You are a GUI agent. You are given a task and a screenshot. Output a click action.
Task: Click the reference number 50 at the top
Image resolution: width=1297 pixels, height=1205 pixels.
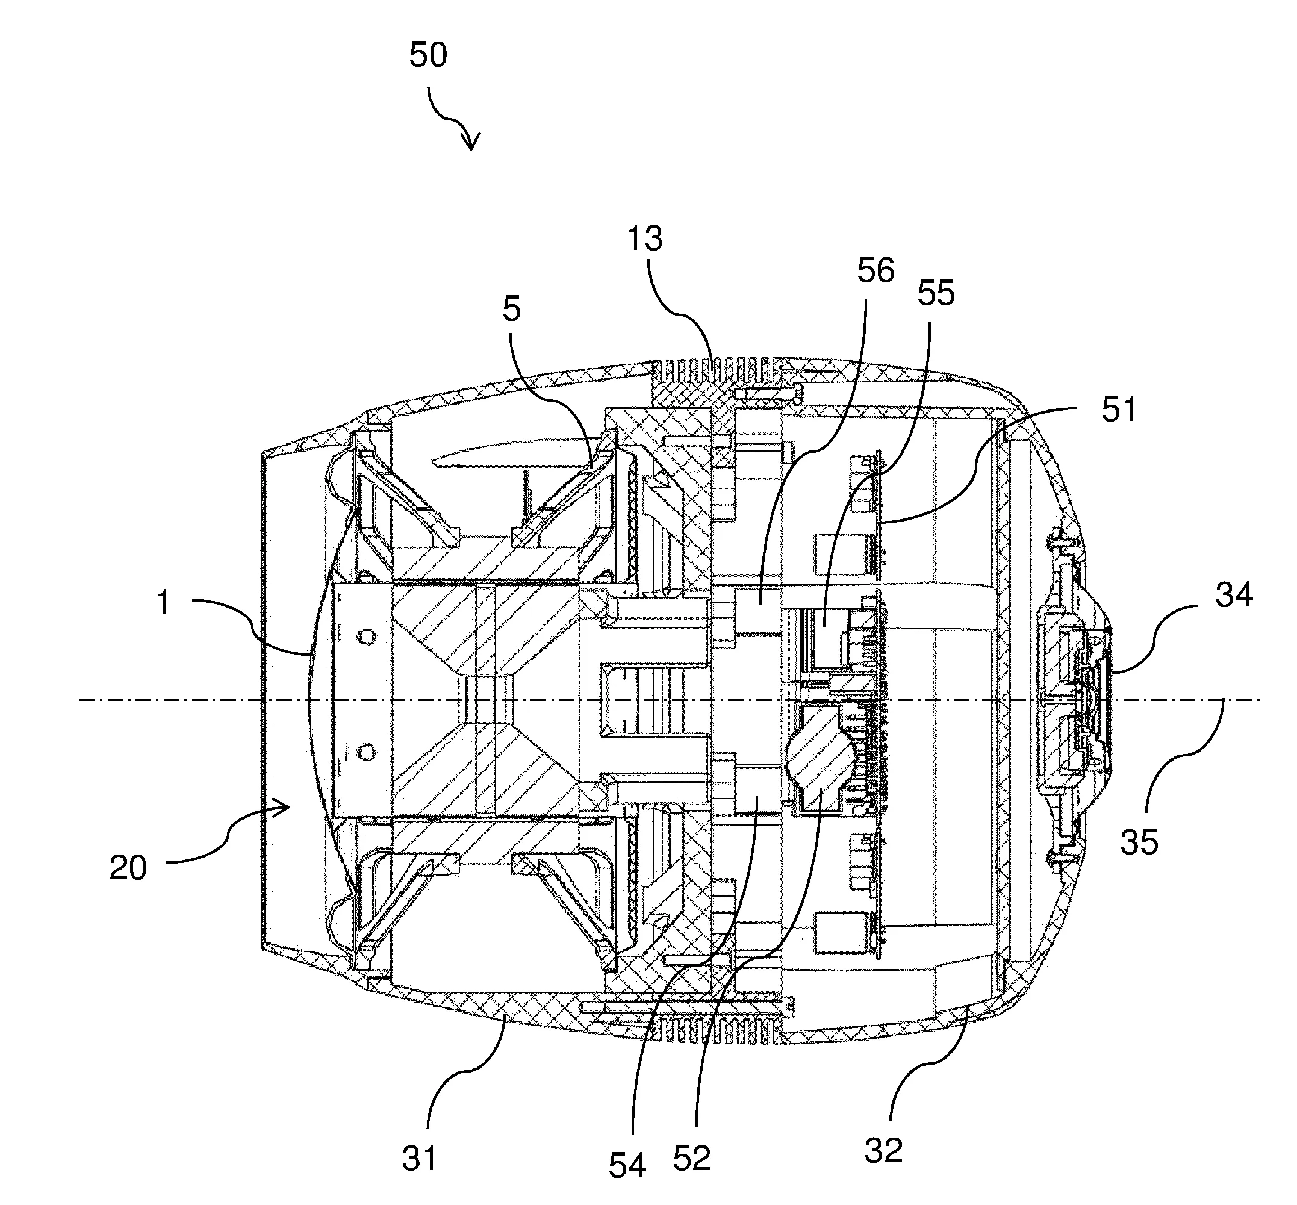[428, 55]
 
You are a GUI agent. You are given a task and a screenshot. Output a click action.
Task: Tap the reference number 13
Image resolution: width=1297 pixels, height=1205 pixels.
[644, 238]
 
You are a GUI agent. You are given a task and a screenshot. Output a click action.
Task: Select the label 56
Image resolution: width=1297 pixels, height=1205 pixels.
[875, 270]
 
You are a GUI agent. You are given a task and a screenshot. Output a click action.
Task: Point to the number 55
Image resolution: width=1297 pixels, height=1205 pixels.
[935, 293]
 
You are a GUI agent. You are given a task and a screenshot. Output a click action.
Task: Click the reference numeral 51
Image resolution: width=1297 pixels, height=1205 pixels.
[1119, 409]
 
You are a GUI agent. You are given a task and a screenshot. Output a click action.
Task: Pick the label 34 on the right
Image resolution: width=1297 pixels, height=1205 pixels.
[1234, 596]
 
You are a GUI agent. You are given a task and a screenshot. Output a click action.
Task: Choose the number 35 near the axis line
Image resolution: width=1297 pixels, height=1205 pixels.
[1139, 842]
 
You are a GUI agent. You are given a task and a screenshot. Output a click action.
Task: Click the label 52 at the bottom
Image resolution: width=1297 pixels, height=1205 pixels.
[691, 1158]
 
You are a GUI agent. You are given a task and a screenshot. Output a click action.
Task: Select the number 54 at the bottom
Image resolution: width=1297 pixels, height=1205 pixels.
[627, 1165]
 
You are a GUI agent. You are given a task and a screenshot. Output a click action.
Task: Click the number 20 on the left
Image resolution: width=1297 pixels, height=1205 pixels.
[128, 868]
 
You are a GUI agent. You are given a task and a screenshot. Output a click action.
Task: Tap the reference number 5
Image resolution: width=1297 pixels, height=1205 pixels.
[511, 308]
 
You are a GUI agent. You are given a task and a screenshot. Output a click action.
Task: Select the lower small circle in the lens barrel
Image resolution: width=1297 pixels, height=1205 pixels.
[367, 753]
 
